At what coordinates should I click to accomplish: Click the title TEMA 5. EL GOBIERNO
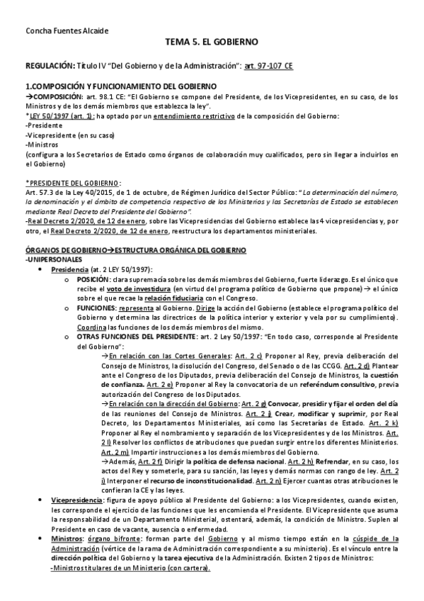point(212,43)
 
